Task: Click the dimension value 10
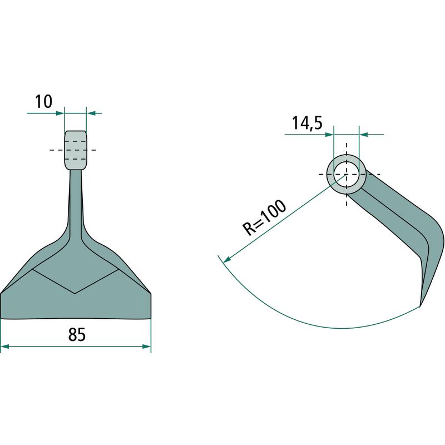click(44, 102)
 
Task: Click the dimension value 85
click(77, 335)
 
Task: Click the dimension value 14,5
click(307, 123)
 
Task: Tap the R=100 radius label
click(264, 217)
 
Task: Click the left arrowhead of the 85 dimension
click(5, 347)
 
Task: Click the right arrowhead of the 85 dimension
click(147, 347)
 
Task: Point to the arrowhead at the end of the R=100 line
click(228, 260)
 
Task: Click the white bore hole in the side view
click(346, 175)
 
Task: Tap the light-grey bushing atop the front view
click(76, 150)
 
